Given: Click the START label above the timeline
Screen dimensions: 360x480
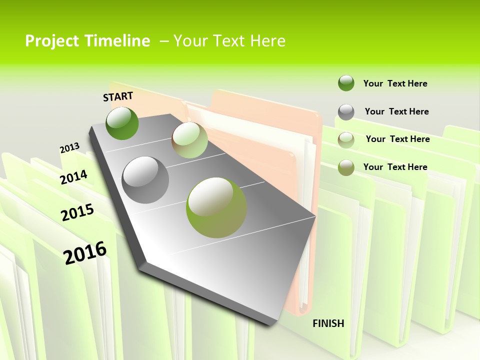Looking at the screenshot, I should (118, 96).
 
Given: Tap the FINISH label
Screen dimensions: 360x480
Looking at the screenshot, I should (328, 323).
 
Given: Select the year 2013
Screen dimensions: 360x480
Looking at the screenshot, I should (69, 148).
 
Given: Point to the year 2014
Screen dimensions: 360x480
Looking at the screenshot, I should (73, 177).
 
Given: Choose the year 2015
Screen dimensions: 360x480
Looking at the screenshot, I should (77, 212).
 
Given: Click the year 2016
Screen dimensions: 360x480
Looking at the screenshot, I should (85, 252).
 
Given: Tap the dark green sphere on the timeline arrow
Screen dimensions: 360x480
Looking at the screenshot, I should (122, 123).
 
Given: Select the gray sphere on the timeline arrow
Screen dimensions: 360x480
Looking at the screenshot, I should (145, 180).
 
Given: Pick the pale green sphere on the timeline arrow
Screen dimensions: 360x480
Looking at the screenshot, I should (189, 140).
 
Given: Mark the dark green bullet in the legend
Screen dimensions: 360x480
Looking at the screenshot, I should (346, 83).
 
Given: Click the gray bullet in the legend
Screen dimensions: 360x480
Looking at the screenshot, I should (346, 112).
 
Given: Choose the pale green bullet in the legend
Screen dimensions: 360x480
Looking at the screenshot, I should (346, 140).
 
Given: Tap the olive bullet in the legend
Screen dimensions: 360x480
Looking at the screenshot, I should (346, 167).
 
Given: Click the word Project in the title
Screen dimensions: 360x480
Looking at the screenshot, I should (52, 41).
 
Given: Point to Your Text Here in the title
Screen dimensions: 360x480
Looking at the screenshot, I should (229, 41).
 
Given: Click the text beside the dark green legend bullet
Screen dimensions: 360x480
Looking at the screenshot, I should (395, 83).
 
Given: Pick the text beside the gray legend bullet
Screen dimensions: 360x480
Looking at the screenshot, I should (396, 111).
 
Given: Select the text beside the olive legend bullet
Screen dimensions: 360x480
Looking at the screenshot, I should (395, 167).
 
